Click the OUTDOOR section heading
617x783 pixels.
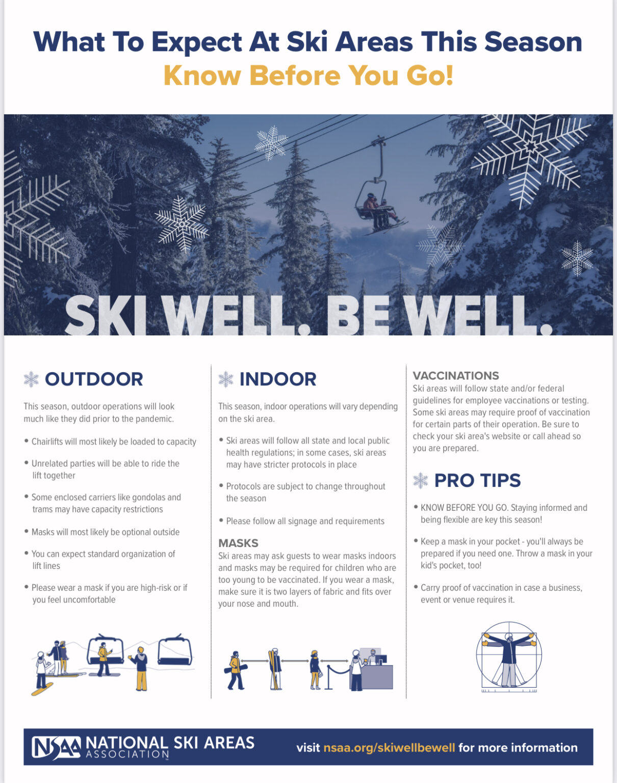(94, 379)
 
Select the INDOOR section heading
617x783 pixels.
(278, 379)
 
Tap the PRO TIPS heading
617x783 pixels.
(478, 480)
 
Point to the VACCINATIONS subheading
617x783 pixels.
(456, 376)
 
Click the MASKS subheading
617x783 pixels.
(239, 543)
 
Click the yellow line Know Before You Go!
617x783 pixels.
(308, 75)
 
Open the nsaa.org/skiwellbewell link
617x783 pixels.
(389, 747)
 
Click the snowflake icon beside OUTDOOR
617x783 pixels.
(31, 379)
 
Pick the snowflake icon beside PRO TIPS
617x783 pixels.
(421, 480)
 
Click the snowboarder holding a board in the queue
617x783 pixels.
(236, 670)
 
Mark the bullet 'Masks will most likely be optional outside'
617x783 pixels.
(106, 532)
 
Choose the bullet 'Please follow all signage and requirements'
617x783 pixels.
(305, 521)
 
